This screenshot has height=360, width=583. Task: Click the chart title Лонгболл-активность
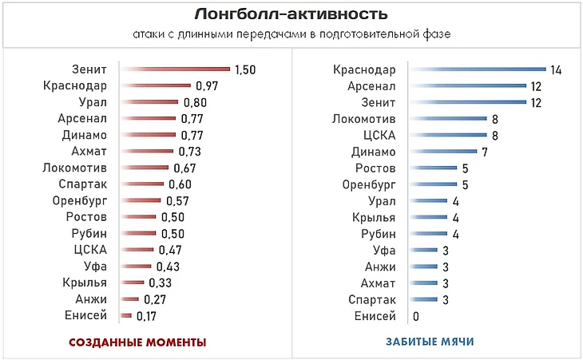(x=291, y=14)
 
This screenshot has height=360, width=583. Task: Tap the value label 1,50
(x=244, y=69)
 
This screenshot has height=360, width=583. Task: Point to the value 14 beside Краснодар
(x=557, y=70)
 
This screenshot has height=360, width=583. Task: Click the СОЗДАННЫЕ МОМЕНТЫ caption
(x=138, y=342)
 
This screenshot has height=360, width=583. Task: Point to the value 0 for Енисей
(x=417, y=317)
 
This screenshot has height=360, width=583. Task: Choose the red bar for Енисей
(x=125, y=316)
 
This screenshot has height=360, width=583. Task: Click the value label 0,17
(x=145, y=317)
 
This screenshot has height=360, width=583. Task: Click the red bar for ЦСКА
(x=136, y=250)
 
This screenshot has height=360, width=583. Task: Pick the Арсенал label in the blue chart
(x=371, y=86)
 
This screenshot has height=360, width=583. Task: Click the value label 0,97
(x=206, y=86)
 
